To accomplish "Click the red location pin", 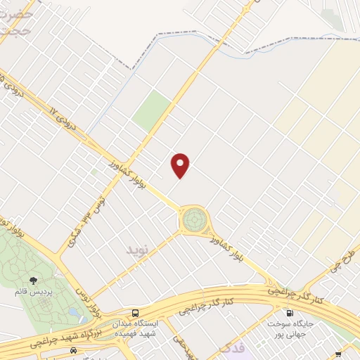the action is [x=181, y=165].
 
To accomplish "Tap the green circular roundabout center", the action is [x=192, y=220].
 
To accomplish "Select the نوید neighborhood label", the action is [x=138, y=250].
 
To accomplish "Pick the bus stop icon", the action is [x=136, y=313].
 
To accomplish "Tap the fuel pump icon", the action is [x=288, y=313].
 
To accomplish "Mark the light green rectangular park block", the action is [x=152, y=110].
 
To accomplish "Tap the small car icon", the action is [x=73, y=350].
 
